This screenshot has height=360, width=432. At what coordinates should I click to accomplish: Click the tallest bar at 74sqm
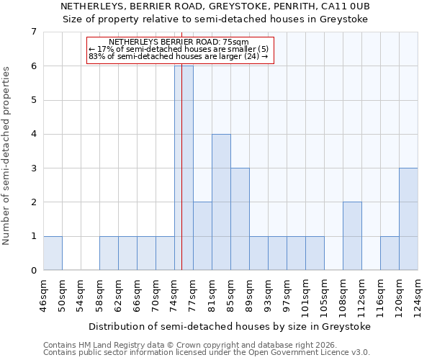click(184, 168)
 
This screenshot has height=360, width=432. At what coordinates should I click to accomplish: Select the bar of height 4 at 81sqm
click(221, 202)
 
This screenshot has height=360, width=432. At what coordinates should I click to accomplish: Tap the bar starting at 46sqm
click(53, 253)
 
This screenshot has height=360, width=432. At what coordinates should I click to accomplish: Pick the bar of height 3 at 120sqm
click(408, 219)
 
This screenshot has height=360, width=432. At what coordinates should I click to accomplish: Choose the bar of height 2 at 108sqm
click(352, 235)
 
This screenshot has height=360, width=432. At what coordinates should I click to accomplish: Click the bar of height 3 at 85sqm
click(240, 219)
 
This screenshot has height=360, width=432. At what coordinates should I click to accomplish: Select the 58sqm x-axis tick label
click(100, 295)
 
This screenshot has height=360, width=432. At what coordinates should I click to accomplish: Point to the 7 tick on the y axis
click(33, 32)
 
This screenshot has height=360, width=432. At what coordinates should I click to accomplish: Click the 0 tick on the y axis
click(33, 270)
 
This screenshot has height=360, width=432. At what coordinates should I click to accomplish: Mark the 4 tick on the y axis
click(33, 134)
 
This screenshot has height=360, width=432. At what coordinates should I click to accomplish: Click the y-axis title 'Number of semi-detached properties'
click(7, 156)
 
